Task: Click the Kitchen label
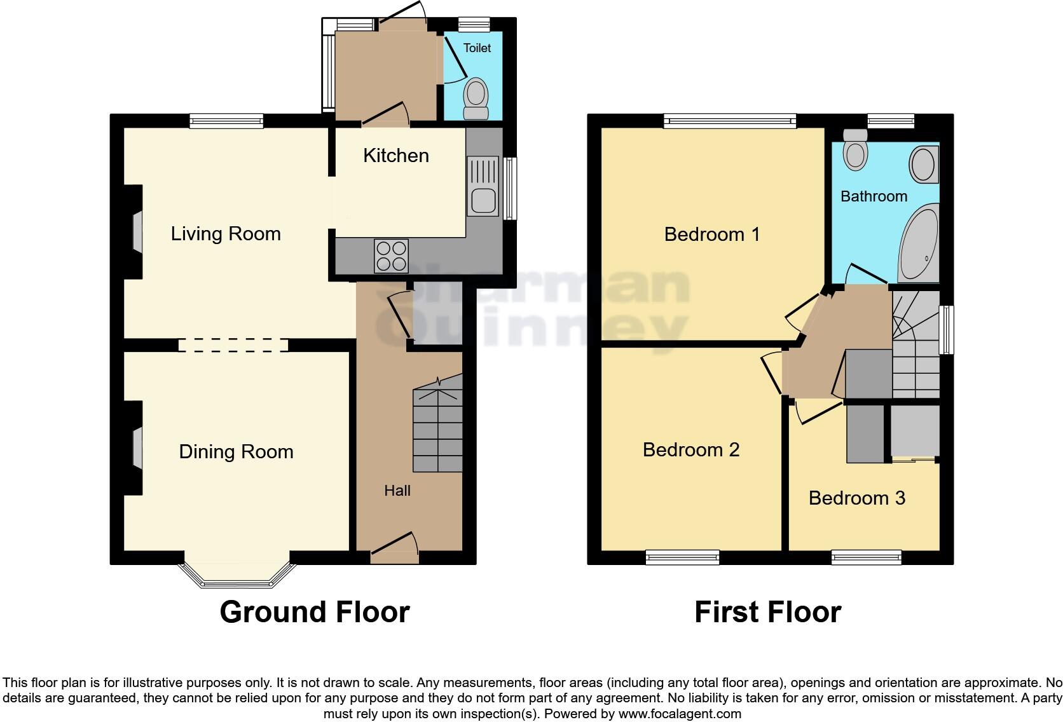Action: pyautogui.click(x=395, y=156)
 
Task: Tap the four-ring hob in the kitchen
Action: pyautogui.click(x=391, y=256)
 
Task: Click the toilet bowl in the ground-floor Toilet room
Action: pyautogui.click(x=476, y=96)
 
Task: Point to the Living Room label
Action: pyautogui.click(x=226, y=234)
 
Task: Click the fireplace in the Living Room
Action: pyautogui.click(x=137, y=231)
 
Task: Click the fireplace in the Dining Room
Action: pyautogui.click(x=137, y=449)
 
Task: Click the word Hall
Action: pyautogui.click(x=397, y=491)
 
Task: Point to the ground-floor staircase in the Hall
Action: pyautogui.click(x=437, y=430)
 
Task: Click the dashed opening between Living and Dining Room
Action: pyautogui.click(x=233, y=345)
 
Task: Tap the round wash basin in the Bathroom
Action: pyautogui.click(x=922, y=165)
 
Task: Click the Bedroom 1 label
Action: pyautogui.click(x=711, y=235)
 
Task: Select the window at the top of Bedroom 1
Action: pyautogui.click(x=729, y=121)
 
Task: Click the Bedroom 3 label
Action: pyautogui.click(x=856, y=498)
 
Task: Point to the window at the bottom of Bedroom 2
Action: pyautogui.click(x=682, y=557)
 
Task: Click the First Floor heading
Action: pyautogui.click(x=767, y=612)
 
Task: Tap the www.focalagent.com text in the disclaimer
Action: pyautogui.click(x=679, y=714)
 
